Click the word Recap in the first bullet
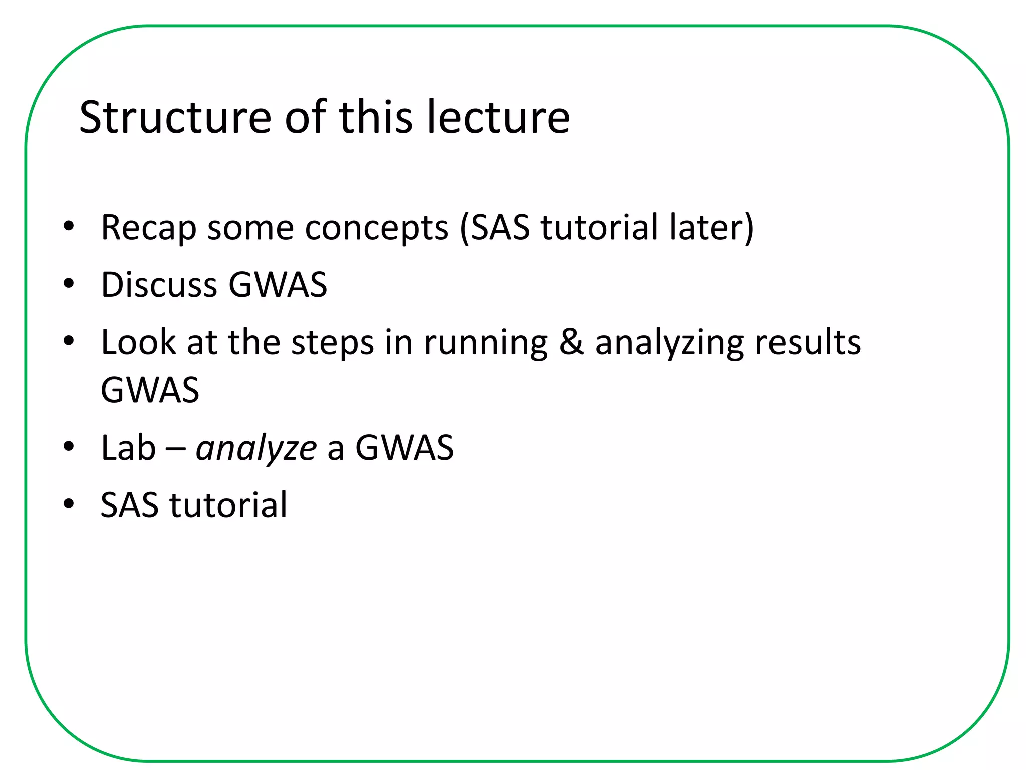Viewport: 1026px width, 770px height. tap(148, 229)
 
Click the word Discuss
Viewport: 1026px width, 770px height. tap(159, 285)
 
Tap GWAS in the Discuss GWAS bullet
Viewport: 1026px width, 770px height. tap(278, 285)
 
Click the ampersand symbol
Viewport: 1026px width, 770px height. tap(571, 342)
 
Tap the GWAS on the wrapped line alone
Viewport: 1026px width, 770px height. tap(150, 390)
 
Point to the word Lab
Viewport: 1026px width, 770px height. tap(128, 447)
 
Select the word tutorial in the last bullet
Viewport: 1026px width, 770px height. tap(228, 505)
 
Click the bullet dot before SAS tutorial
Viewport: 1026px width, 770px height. tap(69, 504)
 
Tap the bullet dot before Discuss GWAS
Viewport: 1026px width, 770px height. tap(69, 284)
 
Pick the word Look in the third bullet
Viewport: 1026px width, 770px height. tap(138, 342)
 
